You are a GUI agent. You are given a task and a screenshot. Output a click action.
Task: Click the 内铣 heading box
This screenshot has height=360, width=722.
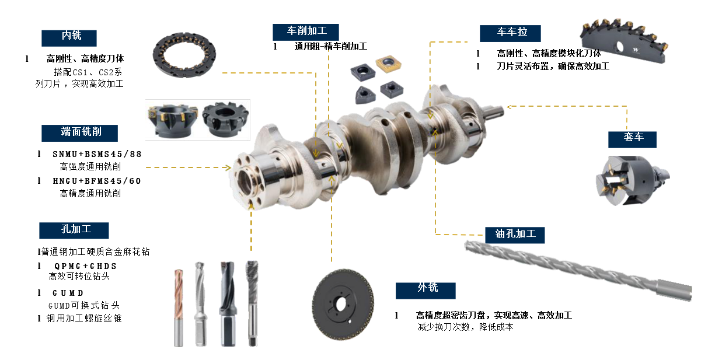69,38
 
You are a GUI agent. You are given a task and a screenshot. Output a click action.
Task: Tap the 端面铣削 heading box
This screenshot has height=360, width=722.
79,133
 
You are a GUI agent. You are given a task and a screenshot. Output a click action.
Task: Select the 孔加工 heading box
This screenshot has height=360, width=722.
74,230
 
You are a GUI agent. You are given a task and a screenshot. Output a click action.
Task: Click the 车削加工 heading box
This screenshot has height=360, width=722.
306,32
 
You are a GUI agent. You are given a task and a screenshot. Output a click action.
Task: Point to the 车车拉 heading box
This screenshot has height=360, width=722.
510,33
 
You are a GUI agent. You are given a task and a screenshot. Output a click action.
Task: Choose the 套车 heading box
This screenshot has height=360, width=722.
632,139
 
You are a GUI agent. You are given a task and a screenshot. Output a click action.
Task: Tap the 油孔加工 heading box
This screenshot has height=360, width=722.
515,235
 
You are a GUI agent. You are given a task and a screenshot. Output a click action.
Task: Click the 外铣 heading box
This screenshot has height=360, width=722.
425,291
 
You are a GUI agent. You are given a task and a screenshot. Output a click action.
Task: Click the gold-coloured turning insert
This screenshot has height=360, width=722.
389,64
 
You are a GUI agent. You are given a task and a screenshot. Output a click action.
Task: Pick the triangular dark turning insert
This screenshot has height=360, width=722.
365,95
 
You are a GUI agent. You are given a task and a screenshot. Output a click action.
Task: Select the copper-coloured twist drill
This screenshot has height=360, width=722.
179,308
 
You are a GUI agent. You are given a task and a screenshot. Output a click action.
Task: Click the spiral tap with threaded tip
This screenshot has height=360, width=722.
252,303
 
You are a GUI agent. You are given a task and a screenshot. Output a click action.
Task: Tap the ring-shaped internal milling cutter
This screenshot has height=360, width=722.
184,55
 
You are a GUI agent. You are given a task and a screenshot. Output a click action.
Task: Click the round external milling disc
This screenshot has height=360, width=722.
343,305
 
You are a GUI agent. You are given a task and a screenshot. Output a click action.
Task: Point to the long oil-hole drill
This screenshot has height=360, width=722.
578,271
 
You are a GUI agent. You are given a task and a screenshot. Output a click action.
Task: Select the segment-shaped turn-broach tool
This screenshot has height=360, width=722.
624,41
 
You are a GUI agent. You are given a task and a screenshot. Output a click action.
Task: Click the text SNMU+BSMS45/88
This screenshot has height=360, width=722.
97,155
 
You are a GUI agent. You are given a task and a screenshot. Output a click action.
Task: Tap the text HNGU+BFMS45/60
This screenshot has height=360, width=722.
97,181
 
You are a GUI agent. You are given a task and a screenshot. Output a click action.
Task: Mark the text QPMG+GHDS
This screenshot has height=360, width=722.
85,266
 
